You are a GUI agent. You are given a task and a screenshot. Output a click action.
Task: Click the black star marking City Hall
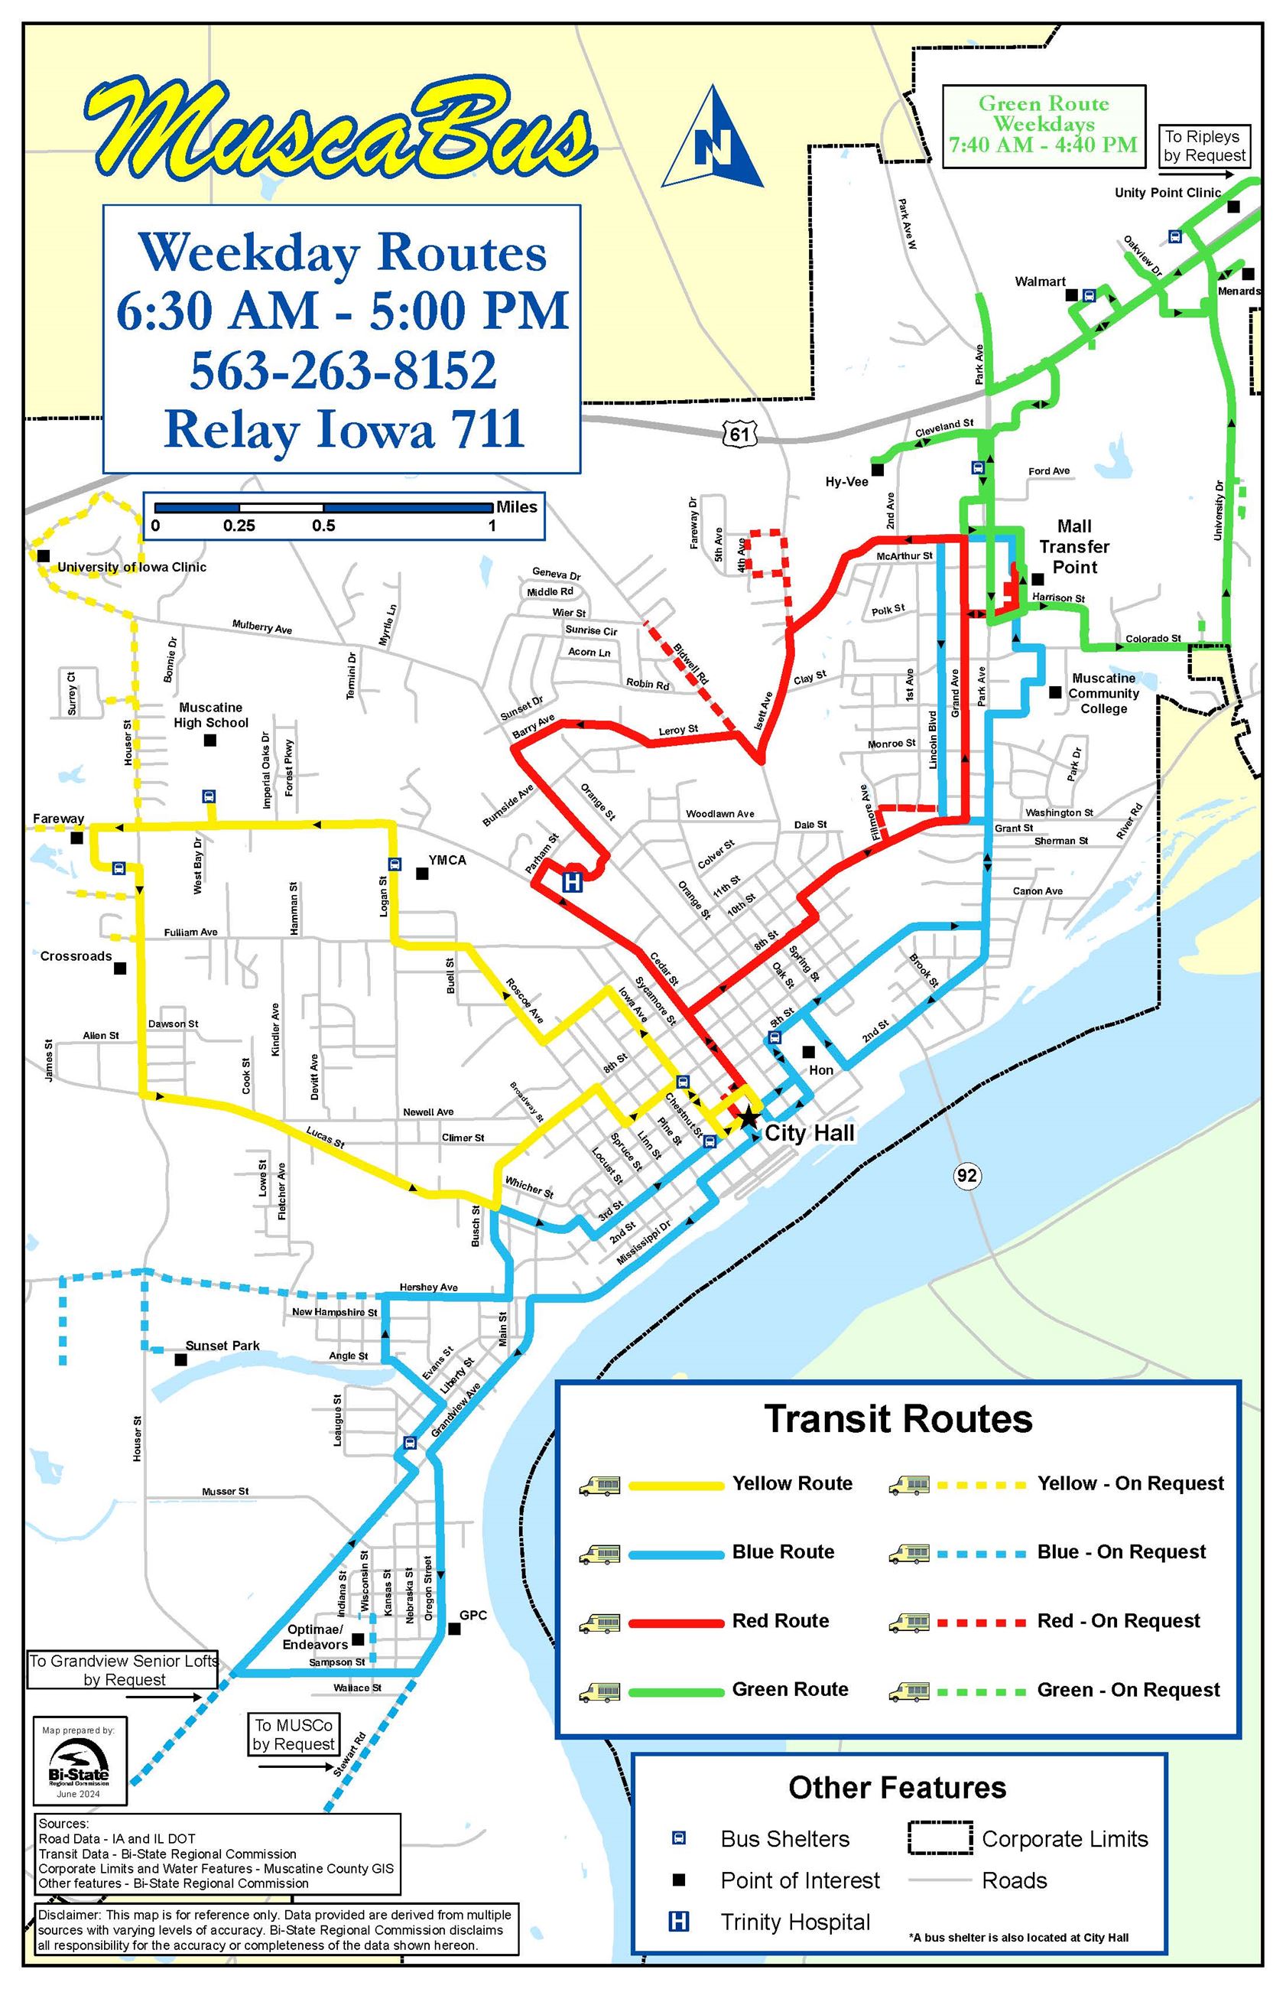(x=749, y=1117)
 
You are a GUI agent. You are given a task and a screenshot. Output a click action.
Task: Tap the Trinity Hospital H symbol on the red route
(x=572, y=882)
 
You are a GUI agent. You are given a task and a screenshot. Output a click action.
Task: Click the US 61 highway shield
(x=739, y=433)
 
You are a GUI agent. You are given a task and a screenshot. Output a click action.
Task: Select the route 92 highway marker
(x=966, y=1175)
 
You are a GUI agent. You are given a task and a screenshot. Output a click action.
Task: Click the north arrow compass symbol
(x=714, y=140)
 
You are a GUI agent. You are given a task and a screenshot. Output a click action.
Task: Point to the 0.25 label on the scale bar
(x=239, y=526)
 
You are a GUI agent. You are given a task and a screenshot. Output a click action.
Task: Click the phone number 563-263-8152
(x=343, y=370)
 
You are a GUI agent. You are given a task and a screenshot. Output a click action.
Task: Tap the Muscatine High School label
(x=210, y=715)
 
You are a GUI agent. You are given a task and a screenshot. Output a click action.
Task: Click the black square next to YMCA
(x=423, y=874)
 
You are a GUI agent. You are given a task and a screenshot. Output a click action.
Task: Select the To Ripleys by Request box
(x=1204, y=146)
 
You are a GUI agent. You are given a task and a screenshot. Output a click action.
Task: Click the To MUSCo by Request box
(x=293, y=1734)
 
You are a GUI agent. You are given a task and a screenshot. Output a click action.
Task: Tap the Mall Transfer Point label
(x=1074, y=546)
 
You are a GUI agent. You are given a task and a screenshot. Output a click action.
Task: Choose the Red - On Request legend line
(x=980, y=1623)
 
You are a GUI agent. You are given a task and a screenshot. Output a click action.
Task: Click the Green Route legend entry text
(x=789, y=1690)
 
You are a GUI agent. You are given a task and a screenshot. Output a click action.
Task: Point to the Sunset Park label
(x=222, y=1346)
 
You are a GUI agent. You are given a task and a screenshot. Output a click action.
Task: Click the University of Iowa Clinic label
(x=132, y=567)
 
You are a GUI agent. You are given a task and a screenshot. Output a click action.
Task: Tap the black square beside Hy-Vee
(x=878, y=470)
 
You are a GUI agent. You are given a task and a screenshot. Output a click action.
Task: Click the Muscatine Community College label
(x=1103, y=693)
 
